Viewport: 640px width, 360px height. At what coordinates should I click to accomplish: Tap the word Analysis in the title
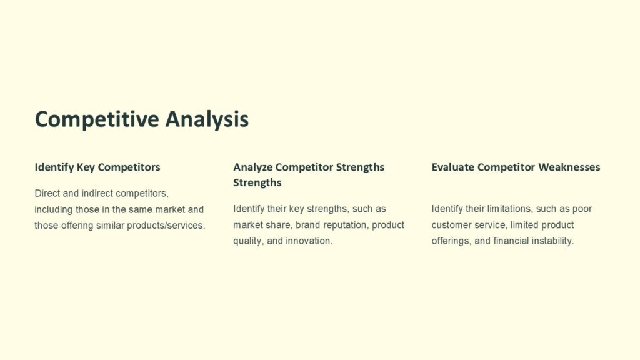click(207, 119)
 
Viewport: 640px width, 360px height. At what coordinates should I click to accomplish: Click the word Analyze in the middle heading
click(252, 167)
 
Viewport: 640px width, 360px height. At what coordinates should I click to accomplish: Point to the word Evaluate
click(452, 167)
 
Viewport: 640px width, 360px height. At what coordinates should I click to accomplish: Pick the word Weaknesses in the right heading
click(569, 167)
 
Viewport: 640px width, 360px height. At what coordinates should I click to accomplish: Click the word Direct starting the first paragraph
click(47, 193)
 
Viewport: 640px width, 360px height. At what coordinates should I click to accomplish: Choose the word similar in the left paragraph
click(111, 225)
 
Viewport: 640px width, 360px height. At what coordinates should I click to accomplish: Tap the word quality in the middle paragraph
click(247, 241)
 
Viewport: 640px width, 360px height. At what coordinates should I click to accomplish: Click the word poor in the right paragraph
click(582, 209)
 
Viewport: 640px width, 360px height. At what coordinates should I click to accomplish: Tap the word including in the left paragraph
click(54, 209)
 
